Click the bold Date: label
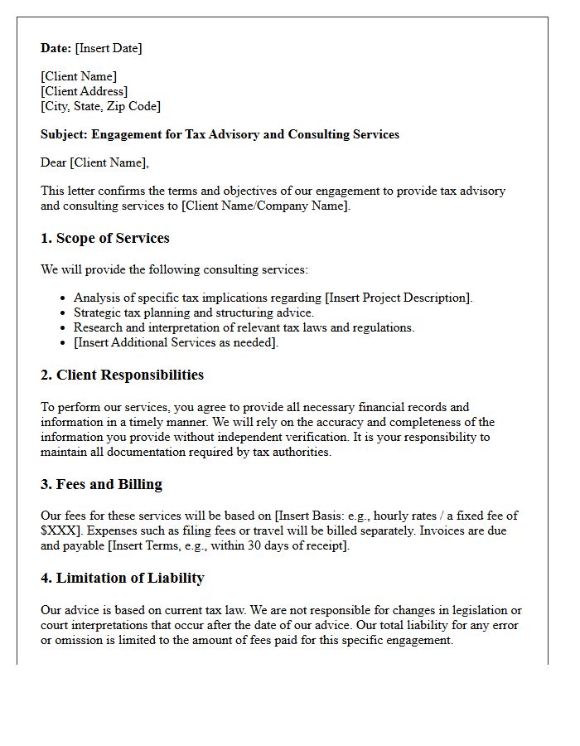coord(56,48)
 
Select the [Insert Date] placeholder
coord(109,48)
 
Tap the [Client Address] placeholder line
coord(84,91)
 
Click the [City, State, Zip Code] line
coord(100,106)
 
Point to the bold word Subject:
coord(64,134)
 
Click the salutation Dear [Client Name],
coord(94,162)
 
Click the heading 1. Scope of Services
coord(104,239)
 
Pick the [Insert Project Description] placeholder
coord(399,298)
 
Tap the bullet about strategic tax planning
coord(193,312)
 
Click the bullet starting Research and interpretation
coord(244,327)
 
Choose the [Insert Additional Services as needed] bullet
coord(176,342)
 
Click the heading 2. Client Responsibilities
coord(122,375)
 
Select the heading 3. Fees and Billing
coord(101,485)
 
